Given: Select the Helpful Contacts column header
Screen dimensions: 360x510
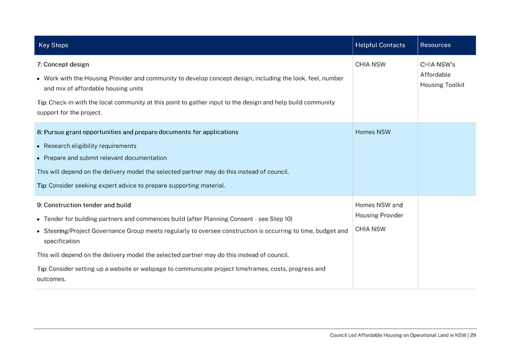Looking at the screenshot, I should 380,46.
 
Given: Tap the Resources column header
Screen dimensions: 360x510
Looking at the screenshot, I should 435,46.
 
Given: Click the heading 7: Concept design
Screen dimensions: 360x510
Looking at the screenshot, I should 63,65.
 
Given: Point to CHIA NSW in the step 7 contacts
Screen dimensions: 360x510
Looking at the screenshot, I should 370,65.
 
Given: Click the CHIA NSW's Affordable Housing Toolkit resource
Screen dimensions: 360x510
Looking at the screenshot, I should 442,75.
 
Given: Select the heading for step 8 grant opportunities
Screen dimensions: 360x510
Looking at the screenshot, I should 138,132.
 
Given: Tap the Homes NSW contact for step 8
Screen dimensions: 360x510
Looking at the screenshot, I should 372,132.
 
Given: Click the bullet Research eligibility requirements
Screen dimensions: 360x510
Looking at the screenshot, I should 90,146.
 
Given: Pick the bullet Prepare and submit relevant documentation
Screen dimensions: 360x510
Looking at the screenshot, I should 105,158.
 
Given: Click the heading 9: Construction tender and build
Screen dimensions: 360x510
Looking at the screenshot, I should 84,205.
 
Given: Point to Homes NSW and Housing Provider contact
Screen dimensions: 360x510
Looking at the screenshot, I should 379,210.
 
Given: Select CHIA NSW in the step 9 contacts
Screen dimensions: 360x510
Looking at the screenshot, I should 370,229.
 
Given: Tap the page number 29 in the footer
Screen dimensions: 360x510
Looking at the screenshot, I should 473,336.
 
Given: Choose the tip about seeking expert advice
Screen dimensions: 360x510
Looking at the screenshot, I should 131,186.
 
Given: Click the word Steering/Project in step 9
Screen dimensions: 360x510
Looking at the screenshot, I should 65,230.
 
